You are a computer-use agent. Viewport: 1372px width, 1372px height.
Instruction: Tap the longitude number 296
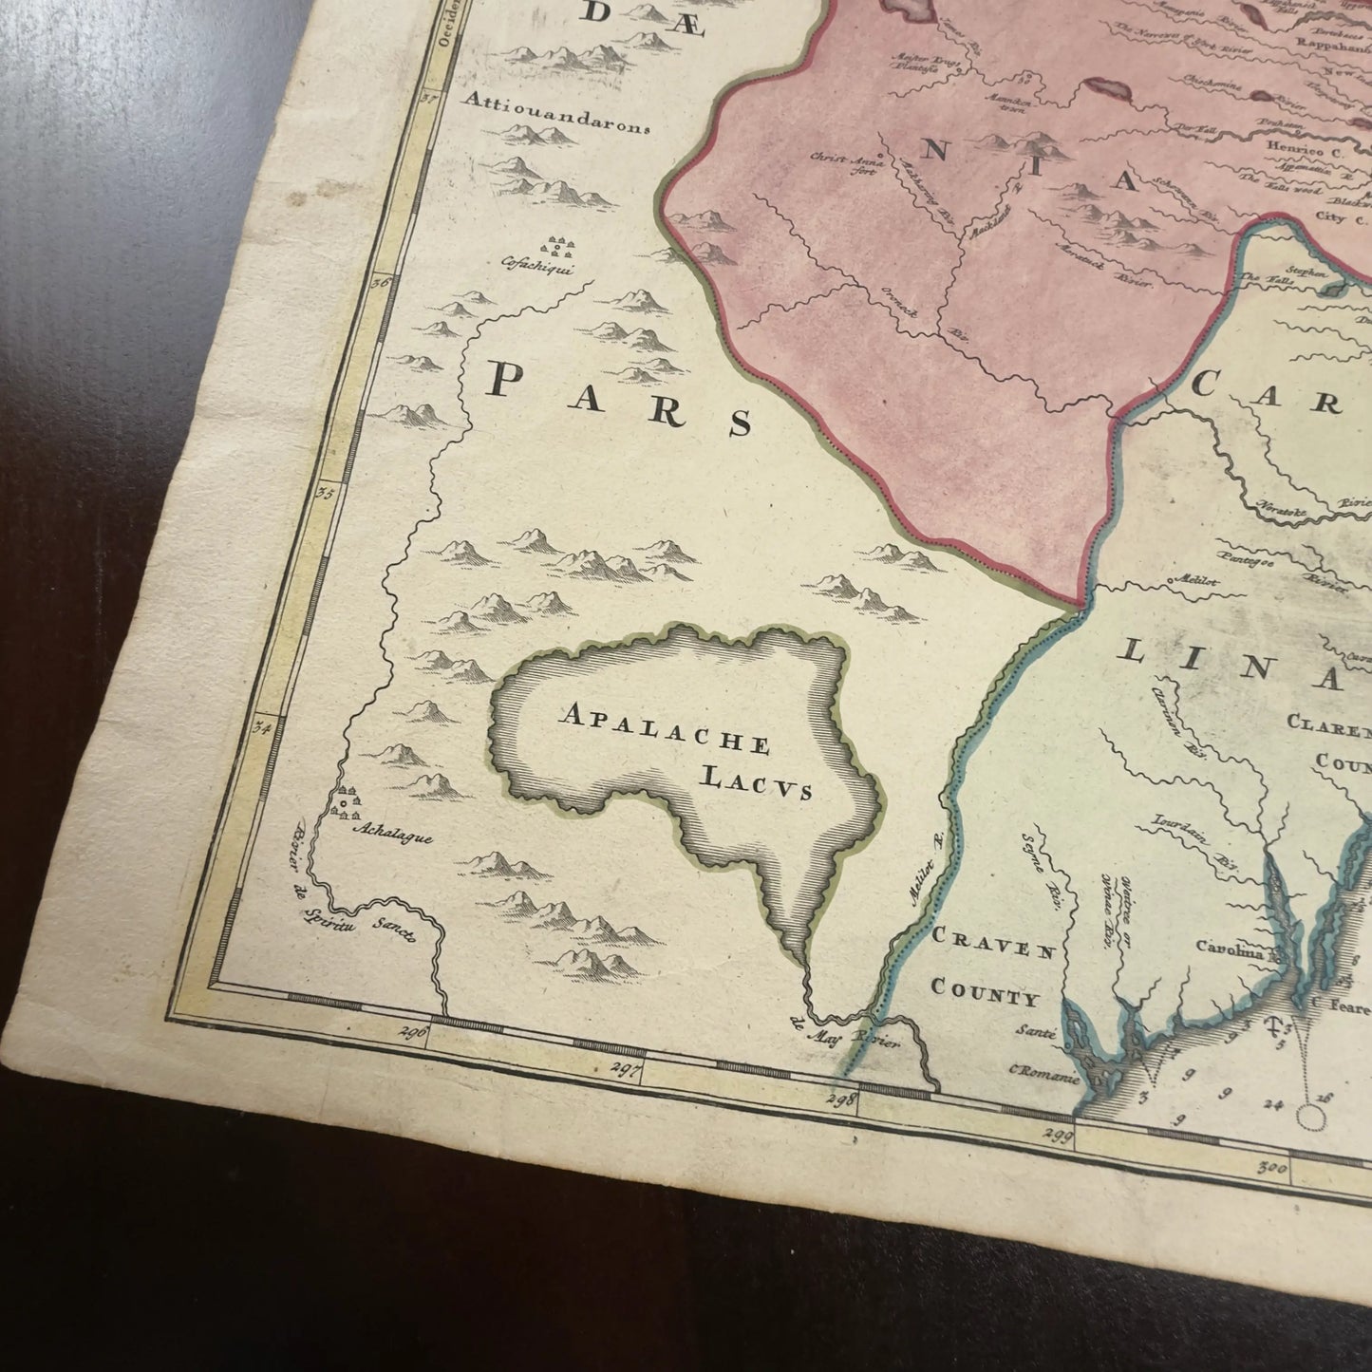pyautogui.click(x=415, y=1033)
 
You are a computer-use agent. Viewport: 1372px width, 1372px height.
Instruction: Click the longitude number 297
pyautogui.click(x=629, y=1067)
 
